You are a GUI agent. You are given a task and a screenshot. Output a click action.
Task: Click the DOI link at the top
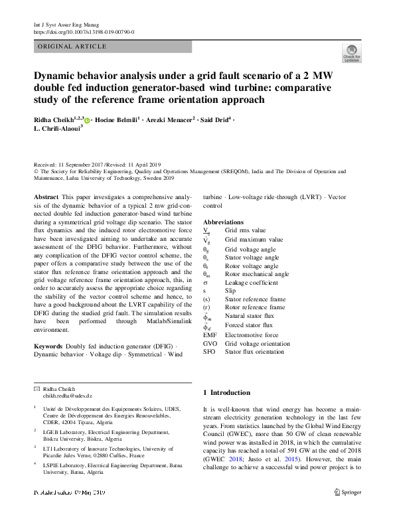[x=84, y=31]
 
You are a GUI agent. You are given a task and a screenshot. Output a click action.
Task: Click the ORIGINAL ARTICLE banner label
[x=73, y=46]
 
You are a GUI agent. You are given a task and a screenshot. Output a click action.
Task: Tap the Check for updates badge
[x=351, y=53]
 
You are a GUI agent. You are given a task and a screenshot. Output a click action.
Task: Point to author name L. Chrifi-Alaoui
[x=57, y=128]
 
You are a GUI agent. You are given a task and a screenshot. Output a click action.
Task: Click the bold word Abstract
[x=45, y=198]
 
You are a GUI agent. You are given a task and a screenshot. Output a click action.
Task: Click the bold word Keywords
[x=48, y=346]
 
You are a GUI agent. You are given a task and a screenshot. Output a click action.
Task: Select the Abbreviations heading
[x=228, y=222]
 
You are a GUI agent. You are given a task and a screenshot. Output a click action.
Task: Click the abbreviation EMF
[x=210, y=335]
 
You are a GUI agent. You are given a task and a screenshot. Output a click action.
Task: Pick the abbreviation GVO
[x=210, y=344]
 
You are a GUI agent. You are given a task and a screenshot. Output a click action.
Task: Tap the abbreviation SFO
[x=210, y=352]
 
